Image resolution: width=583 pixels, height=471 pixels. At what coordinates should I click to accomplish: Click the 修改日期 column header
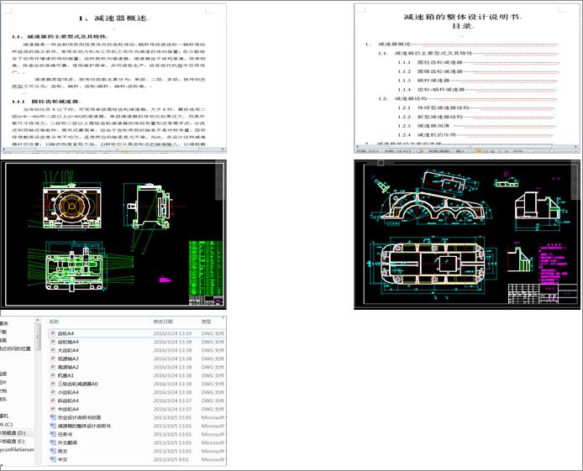163,322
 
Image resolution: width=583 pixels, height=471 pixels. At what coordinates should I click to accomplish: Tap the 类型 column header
206,322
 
